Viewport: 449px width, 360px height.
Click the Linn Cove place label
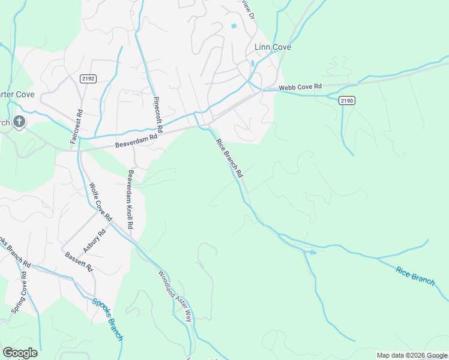[273, 47]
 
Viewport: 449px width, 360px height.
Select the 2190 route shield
[346, 100]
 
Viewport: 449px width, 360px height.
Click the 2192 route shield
[88, 78]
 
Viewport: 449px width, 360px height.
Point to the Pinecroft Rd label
[157, 114]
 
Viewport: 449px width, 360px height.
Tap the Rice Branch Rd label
[229, 157]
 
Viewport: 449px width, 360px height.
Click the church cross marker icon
[19, 122]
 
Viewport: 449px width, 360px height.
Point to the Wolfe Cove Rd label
[100, 201]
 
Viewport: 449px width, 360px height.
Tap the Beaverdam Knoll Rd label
[129, 199]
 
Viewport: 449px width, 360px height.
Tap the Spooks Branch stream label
[107, 319]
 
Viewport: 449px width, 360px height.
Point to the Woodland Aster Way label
[175, 296]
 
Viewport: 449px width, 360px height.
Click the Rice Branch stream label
[415, 276]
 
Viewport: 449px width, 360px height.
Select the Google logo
[20, 353]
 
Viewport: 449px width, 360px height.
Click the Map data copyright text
[411, 355]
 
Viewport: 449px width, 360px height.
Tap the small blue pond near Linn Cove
[234, 26]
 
